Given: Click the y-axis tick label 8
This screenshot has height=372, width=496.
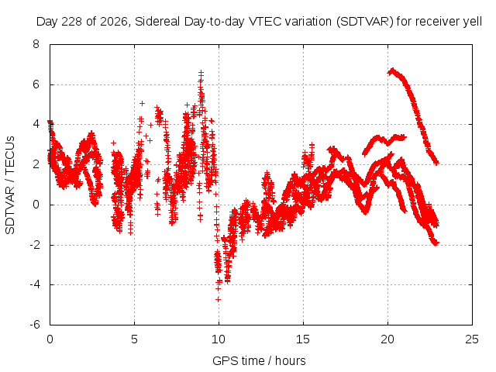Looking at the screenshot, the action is [x=36, y=44].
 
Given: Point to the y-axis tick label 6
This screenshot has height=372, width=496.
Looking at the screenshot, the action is [x=36, y=84].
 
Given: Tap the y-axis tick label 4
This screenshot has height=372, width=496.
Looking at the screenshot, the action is [x=36, y=124].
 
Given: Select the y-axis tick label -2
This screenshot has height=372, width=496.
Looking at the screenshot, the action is [x=34, y=245].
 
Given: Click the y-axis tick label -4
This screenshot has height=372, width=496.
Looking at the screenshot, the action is [x=34, y=284].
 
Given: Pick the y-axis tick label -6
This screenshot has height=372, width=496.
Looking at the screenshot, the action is [x=34, y=325].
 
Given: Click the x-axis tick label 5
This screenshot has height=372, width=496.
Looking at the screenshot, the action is [x=134, y=339].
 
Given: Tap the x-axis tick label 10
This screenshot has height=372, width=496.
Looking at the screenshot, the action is [x=219, y=339].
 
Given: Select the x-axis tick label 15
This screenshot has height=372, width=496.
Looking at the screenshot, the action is [x=303, y=339].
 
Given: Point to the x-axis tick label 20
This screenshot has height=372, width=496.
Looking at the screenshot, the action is [x=387, y=339].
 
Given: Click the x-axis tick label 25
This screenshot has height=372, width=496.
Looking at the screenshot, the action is [x=472, y=339].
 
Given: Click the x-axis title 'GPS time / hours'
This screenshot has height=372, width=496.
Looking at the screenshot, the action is [x=259, y=361].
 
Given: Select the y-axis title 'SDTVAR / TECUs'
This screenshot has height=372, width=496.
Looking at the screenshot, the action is [x=10, y=185].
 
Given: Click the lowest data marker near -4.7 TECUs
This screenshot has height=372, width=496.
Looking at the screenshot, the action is [x=218, y=299].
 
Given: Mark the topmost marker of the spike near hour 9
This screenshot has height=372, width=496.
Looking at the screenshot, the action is [x=201, y=73].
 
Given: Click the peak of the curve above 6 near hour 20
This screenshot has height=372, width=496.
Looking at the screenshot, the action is [x=393, y=70].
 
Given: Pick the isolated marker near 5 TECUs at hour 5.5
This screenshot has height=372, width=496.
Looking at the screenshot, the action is [x=143, y=103].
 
